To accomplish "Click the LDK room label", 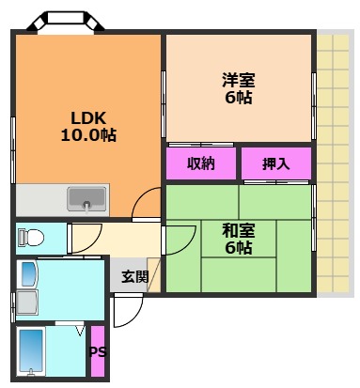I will (89, 117).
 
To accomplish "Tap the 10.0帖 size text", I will (89, 134).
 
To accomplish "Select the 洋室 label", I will (238, 81).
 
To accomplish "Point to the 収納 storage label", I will (200, 163).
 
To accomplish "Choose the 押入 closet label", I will (275, 164).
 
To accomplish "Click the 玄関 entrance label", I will (134, 276).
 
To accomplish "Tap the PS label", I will (97, 353).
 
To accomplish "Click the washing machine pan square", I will (26, 303).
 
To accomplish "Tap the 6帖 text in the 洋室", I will (238, 98).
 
